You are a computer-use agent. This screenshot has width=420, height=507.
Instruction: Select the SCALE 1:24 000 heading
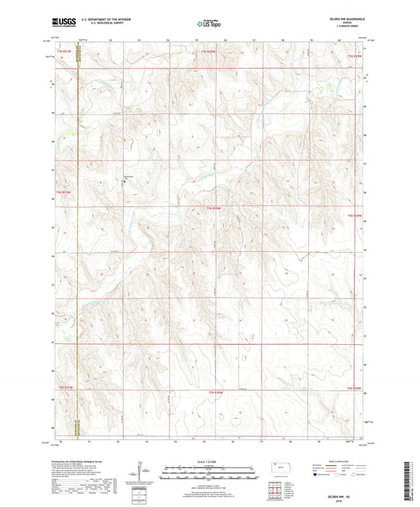[x=209, y=462]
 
